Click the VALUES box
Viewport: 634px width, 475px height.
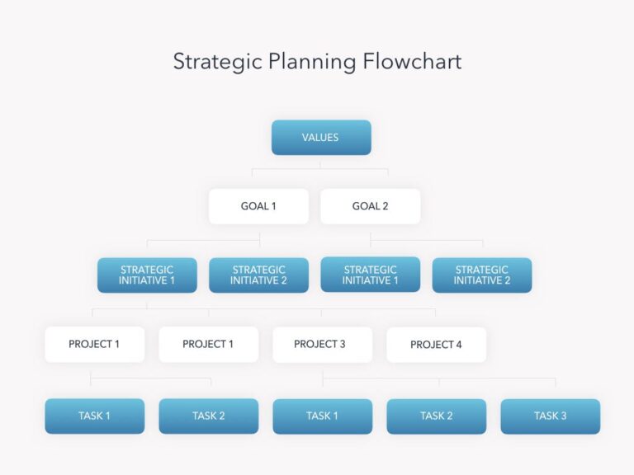pos(321,138)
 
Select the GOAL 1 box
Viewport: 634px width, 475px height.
pos(258,206)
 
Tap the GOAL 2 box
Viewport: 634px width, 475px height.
pos(370,206)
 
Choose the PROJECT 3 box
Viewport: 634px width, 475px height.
pos(322,345)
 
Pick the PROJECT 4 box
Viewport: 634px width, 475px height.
pos(436,345)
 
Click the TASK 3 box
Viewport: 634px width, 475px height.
pos(550,416)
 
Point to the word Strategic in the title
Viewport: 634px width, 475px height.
pos(214,63)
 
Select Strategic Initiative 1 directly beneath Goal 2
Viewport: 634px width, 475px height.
pos(370,275)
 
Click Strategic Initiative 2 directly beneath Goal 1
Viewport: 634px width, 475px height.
pos(258,275)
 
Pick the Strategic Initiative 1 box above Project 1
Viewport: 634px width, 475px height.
pos(147,275)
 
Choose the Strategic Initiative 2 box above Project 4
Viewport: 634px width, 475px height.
pos(482,275)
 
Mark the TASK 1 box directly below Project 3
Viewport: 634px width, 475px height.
pos(322,416)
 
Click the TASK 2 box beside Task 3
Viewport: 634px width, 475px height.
pos(436,416)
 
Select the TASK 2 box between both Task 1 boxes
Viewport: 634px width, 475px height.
pos(208,416)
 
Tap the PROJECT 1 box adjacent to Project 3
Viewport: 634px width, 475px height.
pos(208,345)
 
